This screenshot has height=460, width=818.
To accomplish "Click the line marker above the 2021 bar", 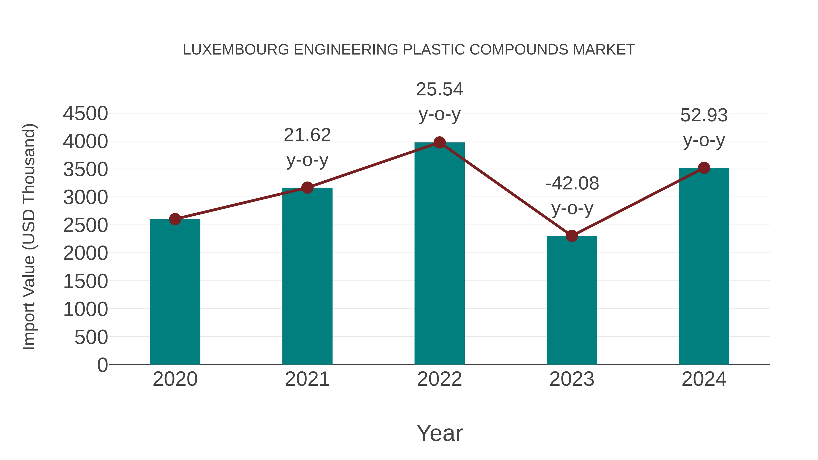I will pyautogui.click(x=307, y=188).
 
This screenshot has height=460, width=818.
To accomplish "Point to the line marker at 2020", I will pyautogui.click(x=175, y=219).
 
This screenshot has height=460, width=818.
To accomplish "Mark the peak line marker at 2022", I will pyautogui.click(x=439, y=142).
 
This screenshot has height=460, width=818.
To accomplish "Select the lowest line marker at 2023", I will pyautogui.click(x=572, y=236).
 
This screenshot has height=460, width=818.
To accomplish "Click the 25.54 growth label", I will pyautogui.click(x=439, y=90).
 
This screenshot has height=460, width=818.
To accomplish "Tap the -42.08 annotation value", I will pyautogui.click(x=572, y=184).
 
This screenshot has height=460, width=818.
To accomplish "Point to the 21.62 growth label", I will pyautogui.click(x=307, y=135).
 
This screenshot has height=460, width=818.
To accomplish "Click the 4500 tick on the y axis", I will pyautogui.click(x=85, y=113).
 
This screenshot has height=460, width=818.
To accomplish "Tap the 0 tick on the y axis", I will pyautogui.click(x=102, y=365).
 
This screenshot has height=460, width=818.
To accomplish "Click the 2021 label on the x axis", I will pyautogui.click(x=307, y=379).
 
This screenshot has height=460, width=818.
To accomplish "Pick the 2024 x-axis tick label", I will pyautogui.click(x=704, y=379).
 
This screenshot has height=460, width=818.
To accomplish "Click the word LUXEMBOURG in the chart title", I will pyautogui.click(x=236, y=50).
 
